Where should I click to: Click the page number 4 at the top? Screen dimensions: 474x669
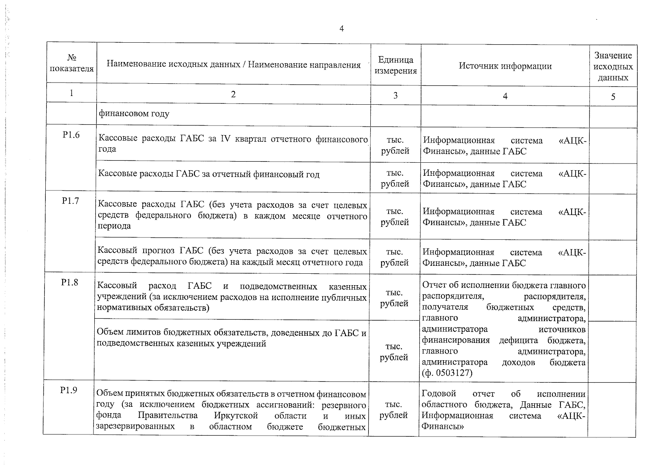[x=342, y=28]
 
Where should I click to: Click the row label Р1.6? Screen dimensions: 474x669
[x=71, y=135]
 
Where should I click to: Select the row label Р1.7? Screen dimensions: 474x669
[x=71, y=201]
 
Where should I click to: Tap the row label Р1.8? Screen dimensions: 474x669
[x=70, y=282]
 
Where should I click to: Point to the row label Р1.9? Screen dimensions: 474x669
[x=69, y=390]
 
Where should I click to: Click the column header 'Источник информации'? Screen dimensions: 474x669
[x=505, y=66]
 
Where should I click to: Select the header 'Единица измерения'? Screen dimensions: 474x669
[x=396, y=65]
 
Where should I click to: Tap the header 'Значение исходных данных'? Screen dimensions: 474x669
[x=613, y=66]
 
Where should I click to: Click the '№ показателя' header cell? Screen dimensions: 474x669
[x=72, y=63]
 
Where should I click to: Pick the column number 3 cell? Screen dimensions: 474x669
[x=396, y=95]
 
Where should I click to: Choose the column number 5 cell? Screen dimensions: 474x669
[x=613, y=96]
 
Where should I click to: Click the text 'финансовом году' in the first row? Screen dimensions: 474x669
[x=134, y=114]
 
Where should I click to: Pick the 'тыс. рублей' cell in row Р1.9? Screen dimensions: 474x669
[x=394, y=410]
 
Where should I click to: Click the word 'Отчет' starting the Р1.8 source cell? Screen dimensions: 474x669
[x=434, y=285]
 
